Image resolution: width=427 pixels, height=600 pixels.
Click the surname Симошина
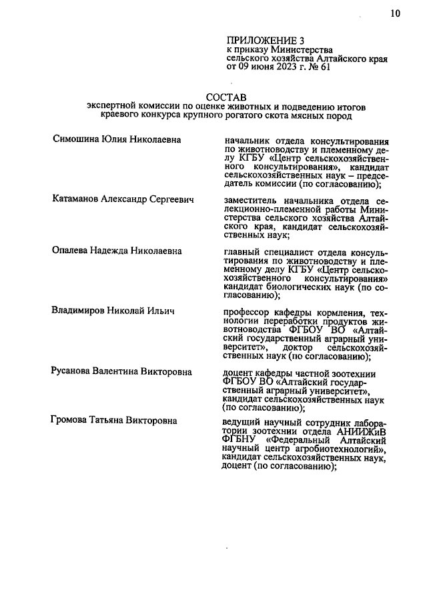click(78, 140)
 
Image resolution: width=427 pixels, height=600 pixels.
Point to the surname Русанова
click(76, 371)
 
